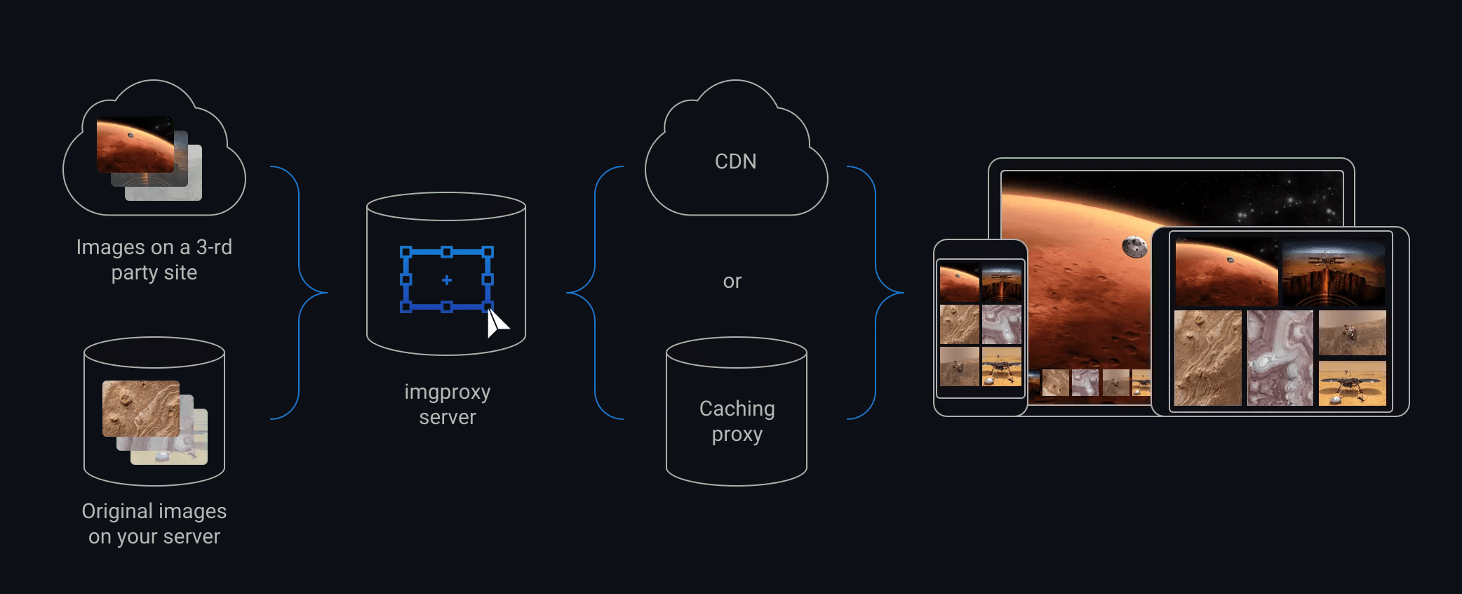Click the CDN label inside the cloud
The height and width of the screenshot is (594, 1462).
[735, 161]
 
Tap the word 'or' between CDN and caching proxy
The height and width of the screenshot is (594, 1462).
[732, 282]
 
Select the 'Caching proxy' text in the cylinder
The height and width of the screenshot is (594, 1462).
[737, 421]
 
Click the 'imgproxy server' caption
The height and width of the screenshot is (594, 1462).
[447, 404]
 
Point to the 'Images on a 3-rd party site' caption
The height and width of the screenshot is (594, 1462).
[154, 260]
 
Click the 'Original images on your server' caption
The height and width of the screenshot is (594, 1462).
[154, 524]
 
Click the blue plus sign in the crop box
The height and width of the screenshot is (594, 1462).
[447, 280]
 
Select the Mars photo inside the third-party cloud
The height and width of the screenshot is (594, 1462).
[135, 144]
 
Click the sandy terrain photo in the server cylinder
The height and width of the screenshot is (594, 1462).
[140, 409]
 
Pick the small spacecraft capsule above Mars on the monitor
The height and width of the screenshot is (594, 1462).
[1134, 246]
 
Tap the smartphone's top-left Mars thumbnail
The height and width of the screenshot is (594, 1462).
[959, 282]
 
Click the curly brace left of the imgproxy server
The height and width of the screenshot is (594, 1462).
[300, 292]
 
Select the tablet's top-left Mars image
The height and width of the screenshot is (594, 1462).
[1226, 272]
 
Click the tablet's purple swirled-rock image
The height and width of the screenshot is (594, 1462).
[1280, 358]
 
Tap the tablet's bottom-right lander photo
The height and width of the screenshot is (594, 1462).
[1352, 383]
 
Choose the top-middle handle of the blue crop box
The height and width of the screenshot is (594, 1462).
[447, 251]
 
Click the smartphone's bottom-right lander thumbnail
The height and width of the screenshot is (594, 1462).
[1001, 366]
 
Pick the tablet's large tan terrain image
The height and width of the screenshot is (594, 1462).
[1207, 358]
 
